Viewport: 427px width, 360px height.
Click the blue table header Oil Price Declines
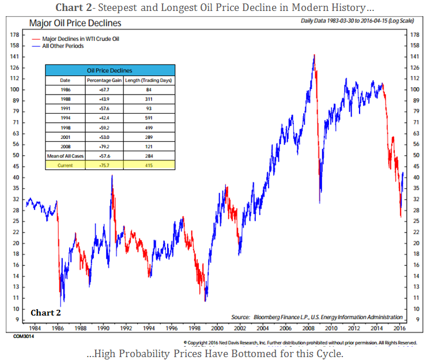[110, 69]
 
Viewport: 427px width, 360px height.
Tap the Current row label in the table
[65, 165]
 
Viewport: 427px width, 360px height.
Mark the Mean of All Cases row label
[65, 156]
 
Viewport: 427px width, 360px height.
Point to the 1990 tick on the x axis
[104, 328]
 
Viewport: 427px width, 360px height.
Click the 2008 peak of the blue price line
[314, 55]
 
